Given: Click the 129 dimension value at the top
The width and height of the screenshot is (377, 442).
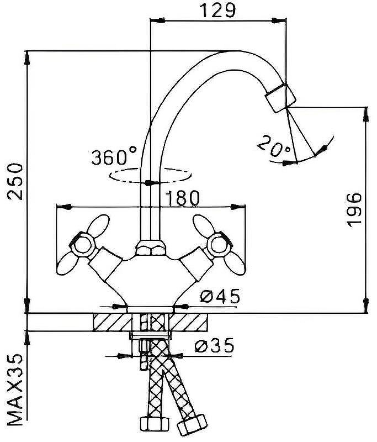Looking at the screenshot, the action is tap(217, 10).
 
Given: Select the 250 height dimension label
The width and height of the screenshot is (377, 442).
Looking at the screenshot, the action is tap(15, 182).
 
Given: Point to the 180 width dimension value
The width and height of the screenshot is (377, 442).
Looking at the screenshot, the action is tap(182, 198).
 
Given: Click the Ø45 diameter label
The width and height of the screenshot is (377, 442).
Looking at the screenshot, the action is tap(220, 296).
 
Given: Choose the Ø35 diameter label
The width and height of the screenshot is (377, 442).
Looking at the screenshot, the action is tap(214, 345).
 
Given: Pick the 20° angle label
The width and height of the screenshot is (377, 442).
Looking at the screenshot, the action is tap(273, 146).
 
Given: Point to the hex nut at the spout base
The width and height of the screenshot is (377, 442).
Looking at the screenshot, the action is tap(151, 248).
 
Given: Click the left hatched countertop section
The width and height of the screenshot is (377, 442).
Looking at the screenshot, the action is tap(113, 322).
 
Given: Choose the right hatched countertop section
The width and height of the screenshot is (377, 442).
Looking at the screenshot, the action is tap(188, 322).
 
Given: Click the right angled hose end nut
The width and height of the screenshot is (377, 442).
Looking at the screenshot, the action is tap(192, 425).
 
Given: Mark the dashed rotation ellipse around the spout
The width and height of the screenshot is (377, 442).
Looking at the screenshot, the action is tap(151, 175).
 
